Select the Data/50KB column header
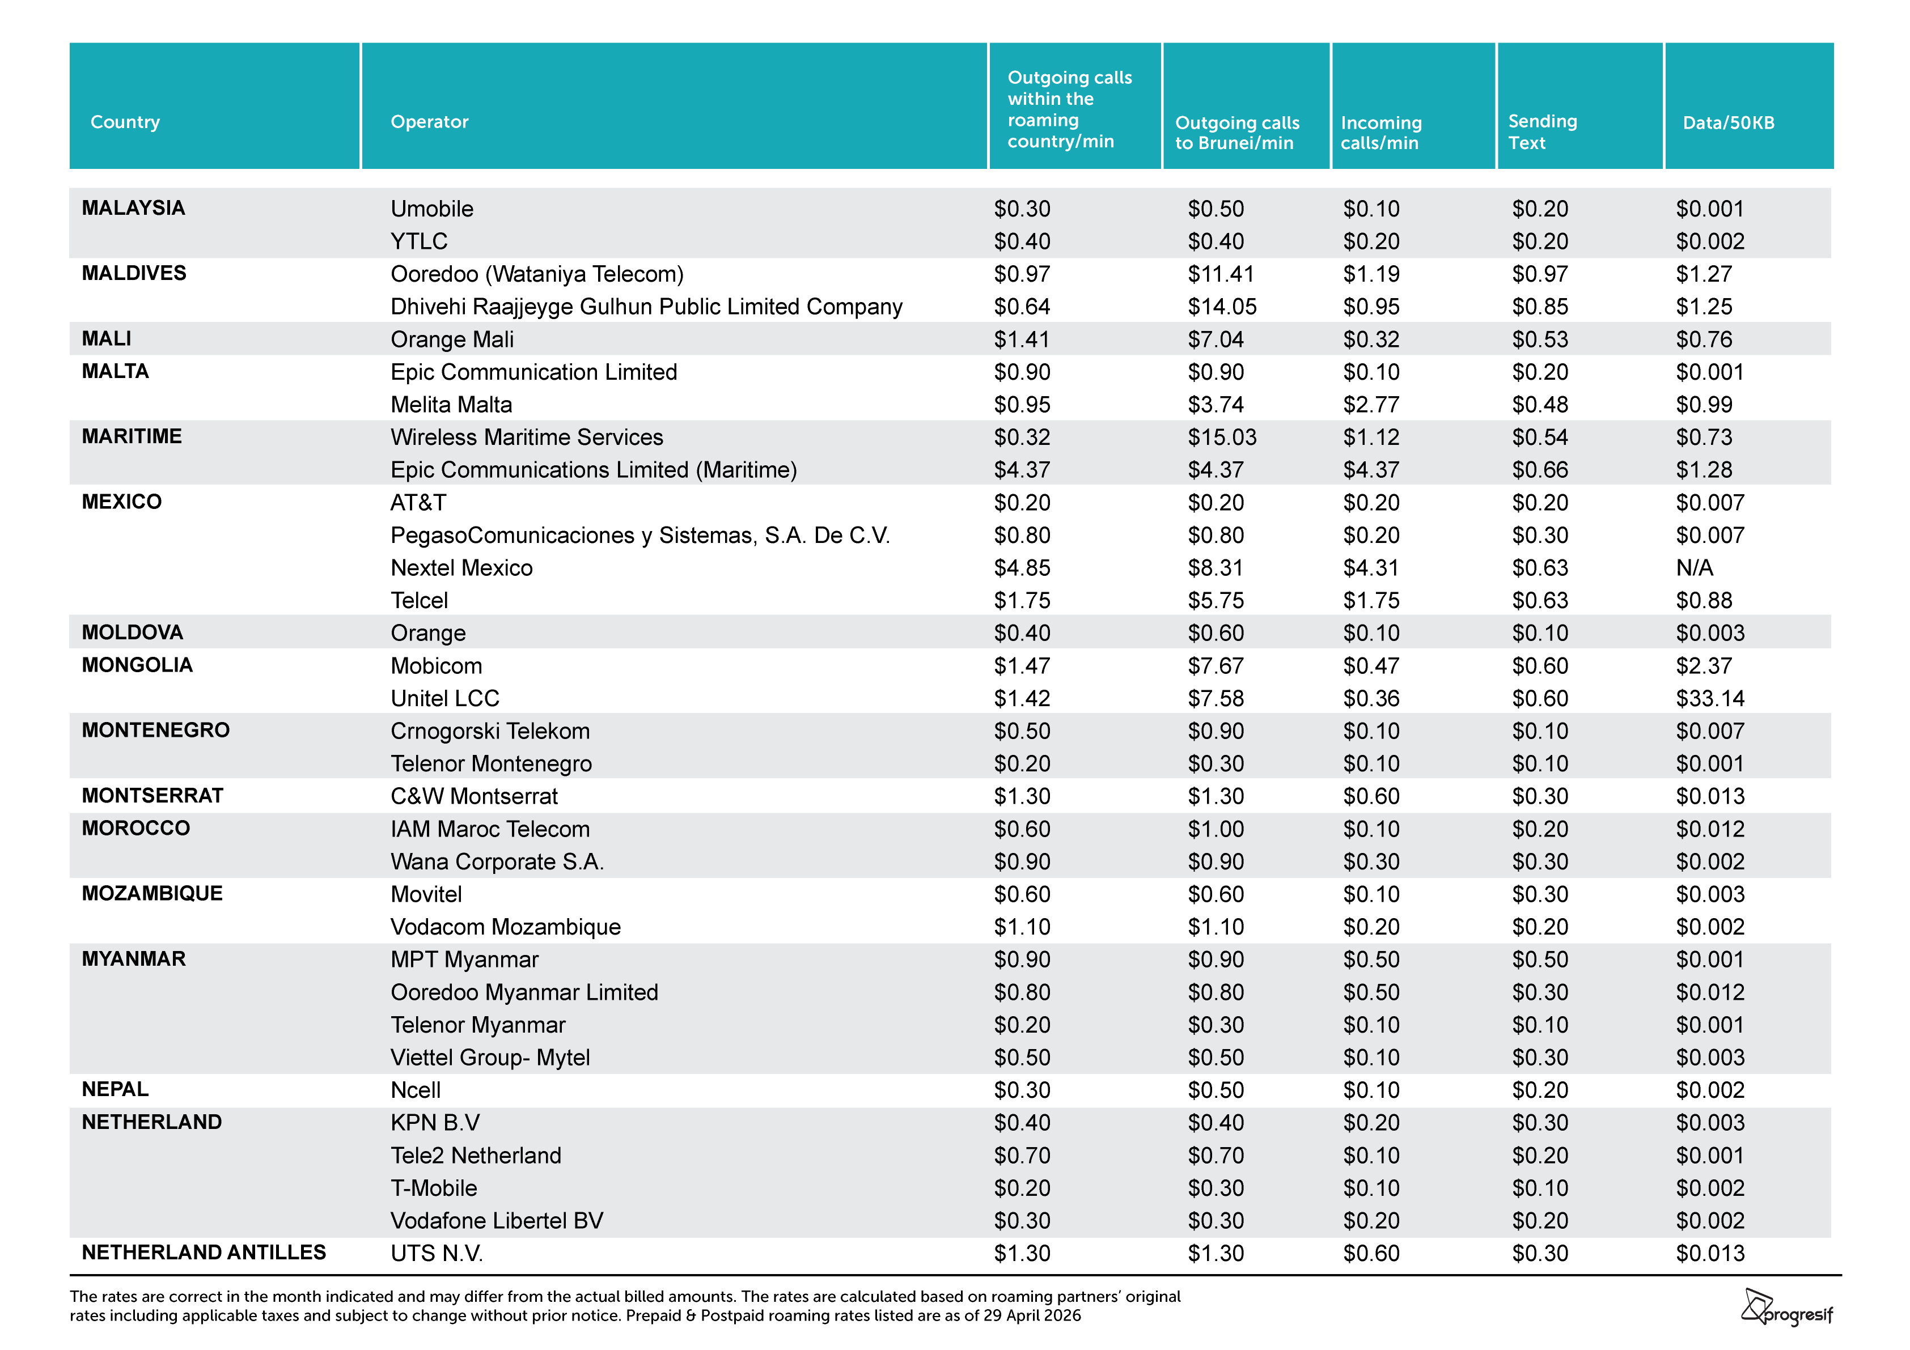1728,122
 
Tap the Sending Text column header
1542,131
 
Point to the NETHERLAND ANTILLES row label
204,1252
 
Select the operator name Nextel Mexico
461,567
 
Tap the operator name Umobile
432,208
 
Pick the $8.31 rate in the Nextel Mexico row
1216,567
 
